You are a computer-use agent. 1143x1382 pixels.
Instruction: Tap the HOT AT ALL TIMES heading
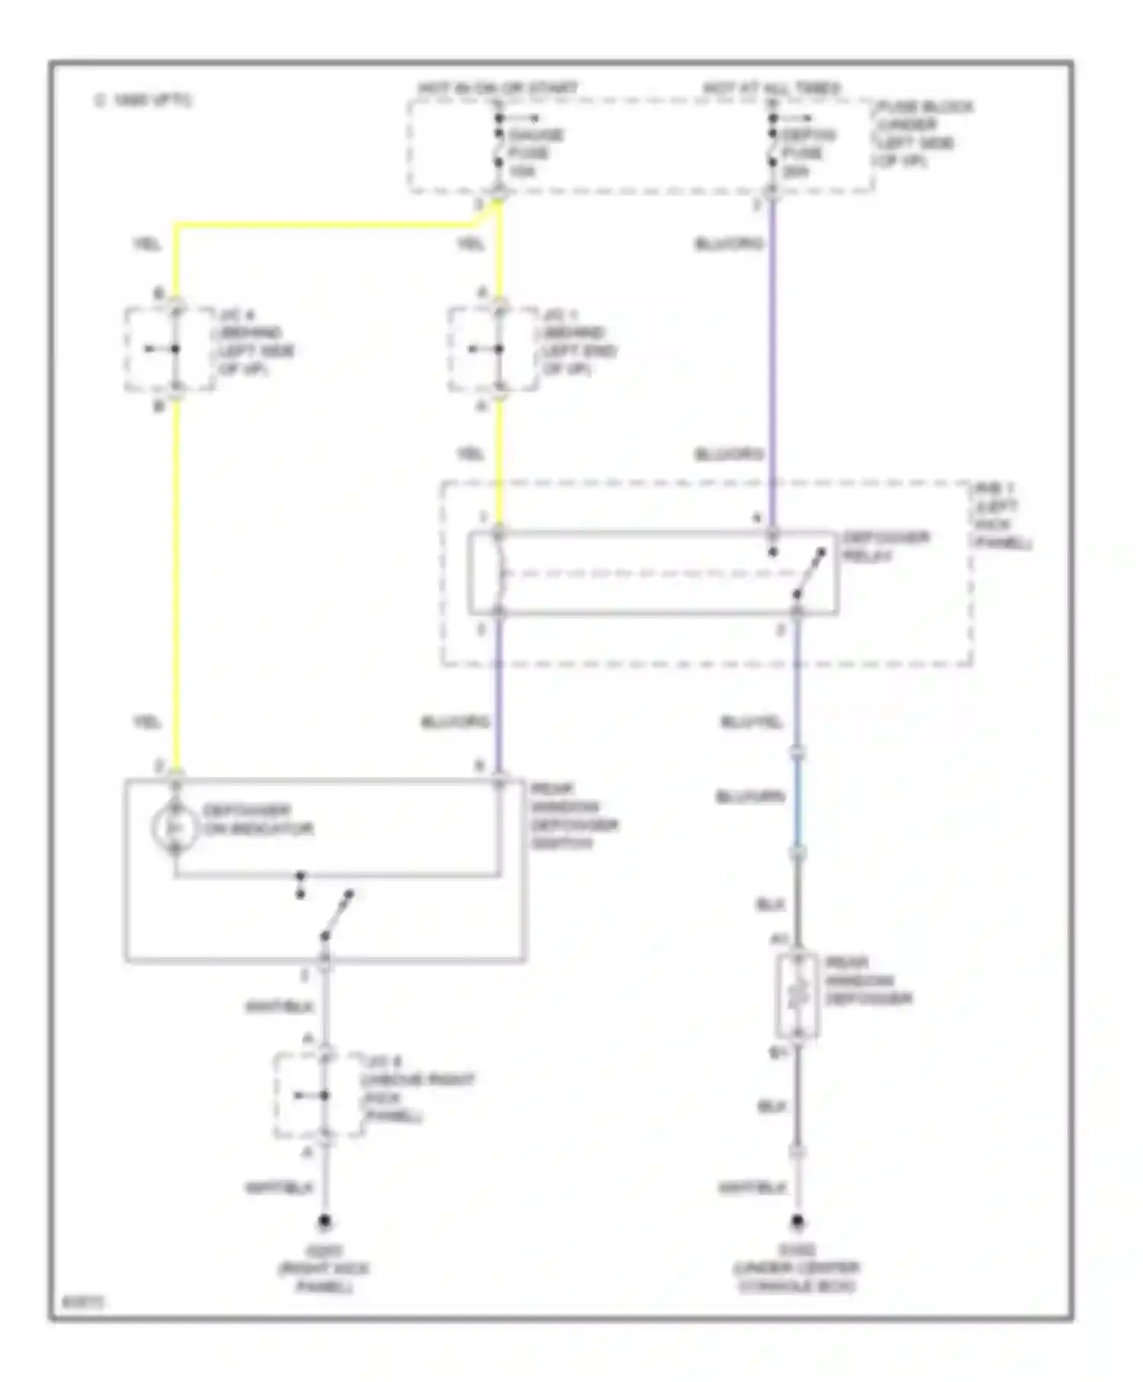pyautogui.click(x=770, y=88)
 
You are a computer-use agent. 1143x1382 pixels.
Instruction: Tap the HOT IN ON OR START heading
pyautogui.click(x=497, y=88)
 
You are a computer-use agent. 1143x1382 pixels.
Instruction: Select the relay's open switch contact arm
pyautogui.click(x=809, y=573)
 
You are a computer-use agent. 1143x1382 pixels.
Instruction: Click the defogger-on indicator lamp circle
pyautogui.click(x=174, y=827)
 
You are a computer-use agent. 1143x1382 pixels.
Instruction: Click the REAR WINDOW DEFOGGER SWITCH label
pyautogui.click(x=573, y=816)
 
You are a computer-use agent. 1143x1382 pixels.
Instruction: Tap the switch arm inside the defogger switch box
pyautogui.click(x=336, y=914)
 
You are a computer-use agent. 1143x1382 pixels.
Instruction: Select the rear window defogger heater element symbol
pyautogui.click(x=797, y=995)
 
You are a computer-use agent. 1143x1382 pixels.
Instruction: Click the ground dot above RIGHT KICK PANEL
pyautogui.click(x=324, y=1222)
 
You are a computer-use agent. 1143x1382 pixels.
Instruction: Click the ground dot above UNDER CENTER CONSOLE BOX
pyautogui.click(x=797, y=1222)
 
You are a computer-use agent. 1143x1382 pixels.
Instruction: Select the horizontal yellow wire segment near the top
pyautogui.click(x=328, y=224)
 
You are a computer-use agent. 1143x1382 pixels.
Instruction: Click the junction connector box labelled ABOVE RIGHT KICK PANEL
pyautogui.click(x=319, y=1096)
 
